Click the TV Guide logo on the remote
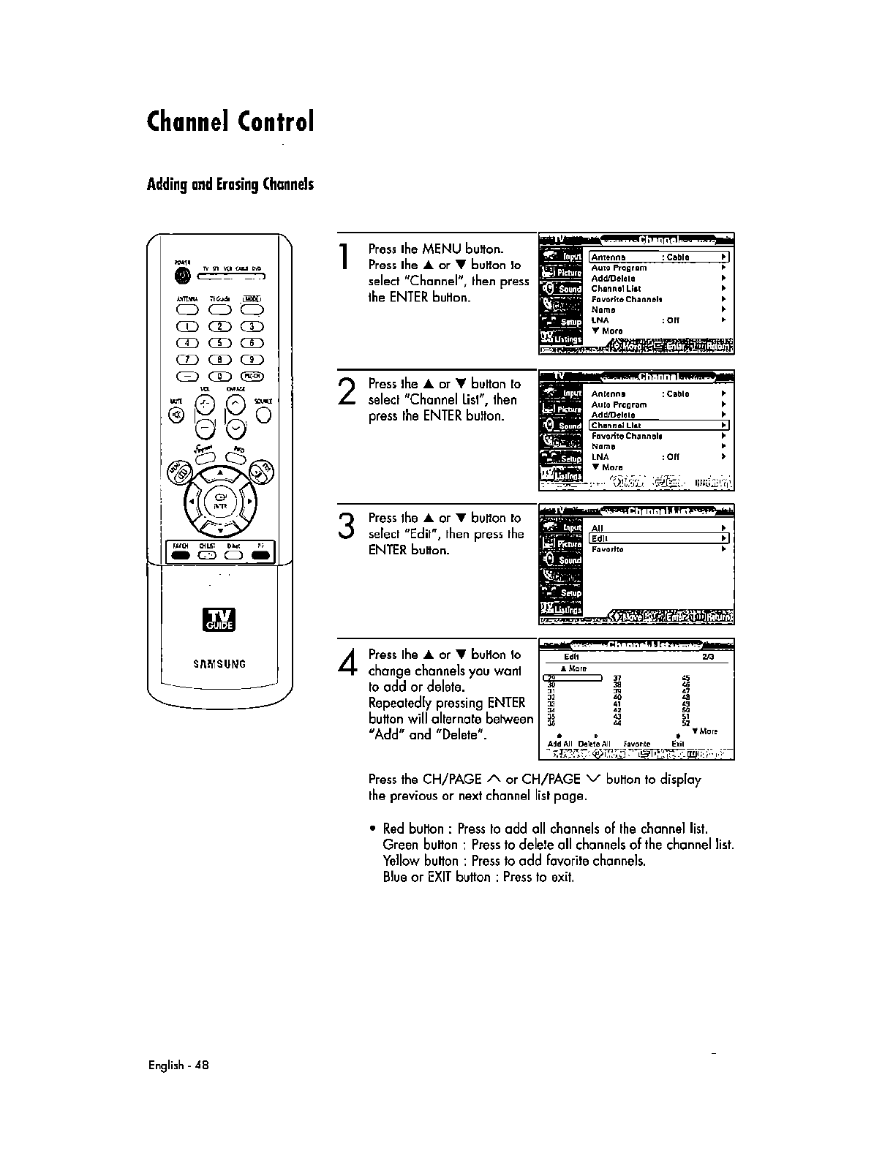coord(219,619)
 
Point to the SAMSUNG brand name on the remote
coord(219,664)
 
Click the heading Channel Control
coord(230,121)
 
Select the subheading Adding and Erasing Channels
coord(230,184)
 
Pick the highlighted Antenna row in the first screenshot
coord(659,257)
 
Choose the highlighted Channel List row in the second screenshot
coord(659,425)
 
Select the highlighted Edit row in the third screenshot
coord(659,539)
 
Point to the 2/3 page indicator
coord(708,657)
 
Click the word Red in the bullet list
coord(394,829)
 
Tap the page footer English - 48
coord(178,1065)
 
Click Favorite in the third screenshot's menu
coord(607,549)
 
